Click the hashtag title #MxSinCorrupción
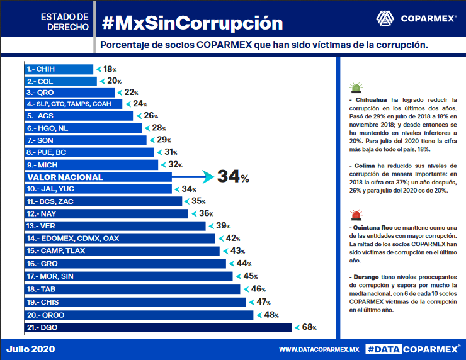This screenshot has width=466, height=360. click(x=192, y=23)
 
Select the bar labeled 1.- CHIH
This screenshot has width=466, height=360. click(x=59, y=69)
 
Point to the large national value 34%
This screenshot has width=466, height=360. click(x=233, y=177)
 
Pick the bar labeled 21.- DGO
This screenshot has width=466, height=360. click(x=157, y=327)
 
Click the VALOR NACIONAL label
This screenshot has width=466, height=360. click(x=65, y=177)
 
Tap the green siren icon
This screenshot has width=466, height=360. click(x=356, y=88)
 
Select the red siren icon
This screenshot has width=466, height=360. click(x=356, y=215)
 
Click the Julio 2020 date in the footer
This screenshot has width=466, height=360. click(x=31, y=348)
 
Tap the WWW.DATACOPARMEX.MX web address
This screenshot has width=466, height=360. click(x=319, y=349)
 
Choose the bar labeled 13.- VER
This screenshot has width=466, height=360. click(x=115, y=225)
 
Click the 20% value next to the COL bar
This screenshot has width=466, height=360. click(x=114, y=81)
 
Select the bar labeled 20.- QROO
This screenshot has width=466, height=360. click(x=139, y=315)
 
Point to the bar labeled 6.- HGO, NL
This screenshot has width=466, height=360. click(x=83, y=128)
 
